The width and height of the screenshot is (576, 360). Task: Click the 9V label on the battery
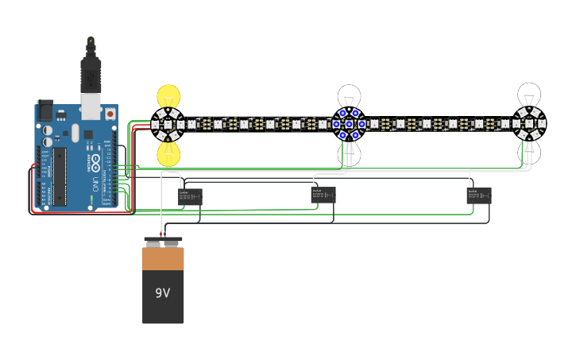pyautogui.click(x=163, y=293)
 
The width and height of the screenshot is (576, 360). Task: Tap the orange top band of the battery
pyautogui.click(x=163, y=259)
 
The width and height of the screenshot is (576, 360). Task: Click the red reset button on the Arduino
pyautogui.click(x=109, y=114)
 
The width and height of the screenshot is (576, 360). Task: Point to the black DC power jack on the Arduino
pyautogui.click(x=44, y=109)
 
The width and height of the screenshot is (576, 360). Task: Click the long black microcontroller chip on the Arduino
pyautogui.click(x=60, y=175)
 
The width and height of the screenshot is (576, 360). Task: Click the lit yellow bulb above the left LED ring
pyautogui.click(x=168, y=97)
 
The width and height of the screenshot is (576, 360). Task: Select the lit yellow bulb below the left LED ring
pyautogui.click(x=168, y=153)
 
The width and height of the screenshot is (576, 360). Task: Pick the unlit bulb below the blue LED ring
pyautogui.click(x=348, y=153)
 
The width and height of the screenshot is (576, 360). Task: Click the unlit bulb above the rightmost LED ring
pyautogui.click(x=528, y=95)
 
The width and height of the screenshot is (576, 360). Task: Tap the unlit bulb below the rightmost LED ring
pyautogui.click(x=528, y=152)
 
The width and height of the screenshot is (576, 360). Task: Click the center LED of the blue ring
pyautogui.click(x=348, y=124)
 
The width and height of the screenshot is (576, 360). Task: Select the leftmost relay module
pyautogui.click(x=191, y=196)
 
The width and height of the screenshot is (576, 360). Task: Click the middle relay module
pyautogui.click(x=323, y=195)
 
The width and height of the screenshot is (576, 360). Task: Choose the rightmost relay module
pyautogui.click(x=479, y=195)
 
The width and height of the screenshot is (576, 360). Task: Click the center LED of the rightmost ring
pyautogui.click(x=528, y=124)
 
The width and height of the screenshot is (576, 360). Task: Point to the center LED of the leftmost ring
pyautogui.click(x=168, y=124)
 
